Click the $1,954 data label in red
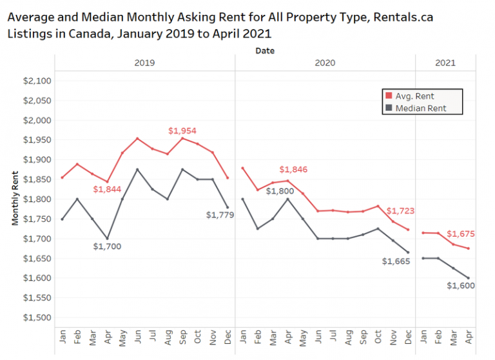pos(181,130)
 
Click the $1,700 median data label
pos(106,246)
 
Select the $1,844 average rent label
pos(106,189)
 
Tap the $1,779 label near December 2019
pos(219,214)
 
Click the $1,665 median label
pos(396,261)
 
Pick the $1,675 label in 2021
pos(461,234)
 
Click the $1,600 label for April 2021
pos(460,285)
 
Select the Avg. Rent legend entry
pos(414,96)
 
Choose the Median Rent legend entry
pos(420,108)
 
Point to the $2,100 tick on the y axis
pos(36,81)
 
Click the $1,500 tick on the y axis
pos(36,317)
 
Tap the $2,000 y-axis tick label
pos(36,120)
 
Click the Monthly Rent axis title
pos(15,199)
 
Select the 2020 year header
pos(325,63)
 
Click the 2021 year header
pos(445,63)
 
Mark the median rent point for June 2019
pos(137,169)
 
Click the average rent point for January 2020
pos(242,168)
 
